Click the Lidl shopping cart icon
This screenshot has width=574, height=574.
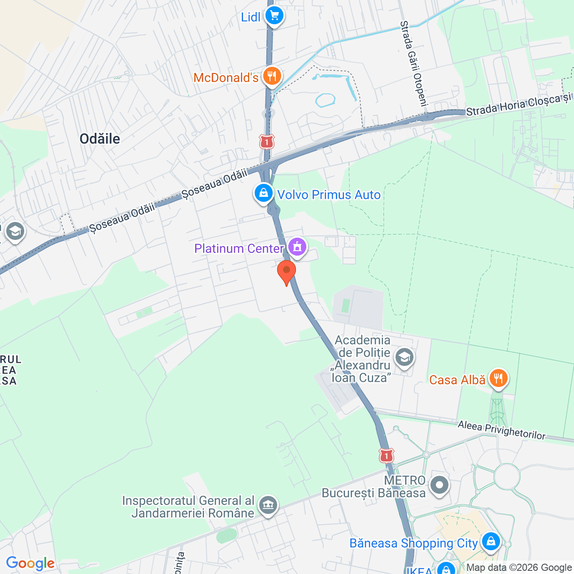point(274,16)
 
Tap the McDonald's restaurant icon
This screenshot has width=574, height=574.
point(272,77)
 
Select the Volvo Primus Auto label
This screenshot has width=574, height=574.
point(329,195)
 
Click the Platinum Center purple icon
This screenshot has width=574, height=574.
point(297,247)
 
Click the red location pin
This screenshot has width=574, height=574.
point(286,272)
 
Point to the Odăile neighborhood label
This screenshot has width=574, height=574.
point(100,139)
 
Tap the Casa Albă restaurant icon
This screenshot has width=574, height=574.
point(498,379)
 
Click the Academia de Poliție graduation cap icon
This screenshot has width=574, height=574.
point(404,358)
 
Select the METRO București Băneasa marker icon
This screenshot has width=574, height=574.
point(439,485)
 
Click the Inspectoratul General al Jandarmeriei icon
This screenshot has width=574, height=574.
point(268,505)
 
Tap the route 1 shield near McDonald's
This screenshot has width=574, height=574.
point(267,142)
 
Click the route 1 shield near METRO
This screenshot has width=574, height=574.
point(386,456)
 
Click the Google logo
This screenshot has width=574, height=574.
point(30,563)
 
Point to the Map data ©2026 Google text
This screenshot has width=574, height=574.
point(519,568)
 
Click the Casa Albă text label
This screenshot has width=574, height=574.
point(457,380)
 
